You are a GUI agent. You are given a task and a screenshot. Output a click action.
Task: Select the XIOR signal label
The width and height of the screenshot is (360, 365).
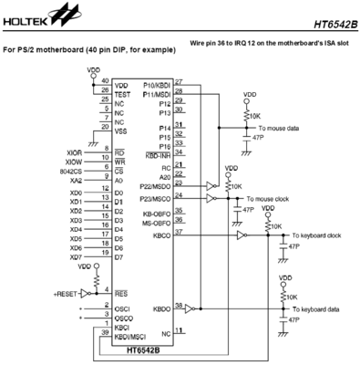(x=76, y=151)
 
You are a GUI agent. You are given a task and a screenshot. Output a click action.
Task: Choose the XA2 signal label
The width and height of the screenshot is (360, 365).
(x=77, y=181)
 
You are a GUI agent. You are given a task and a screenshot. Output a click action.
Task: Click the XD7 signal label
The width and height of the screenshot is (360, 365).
(x=77, y=257)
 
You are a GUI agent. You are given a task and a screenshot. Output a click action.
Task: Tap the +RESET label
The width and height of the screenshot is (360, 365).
(x=67, y=294)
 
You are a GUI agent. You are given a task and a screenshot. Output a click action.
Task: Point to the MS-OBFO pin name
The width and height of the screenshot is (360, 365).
(x=155, y=223)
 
